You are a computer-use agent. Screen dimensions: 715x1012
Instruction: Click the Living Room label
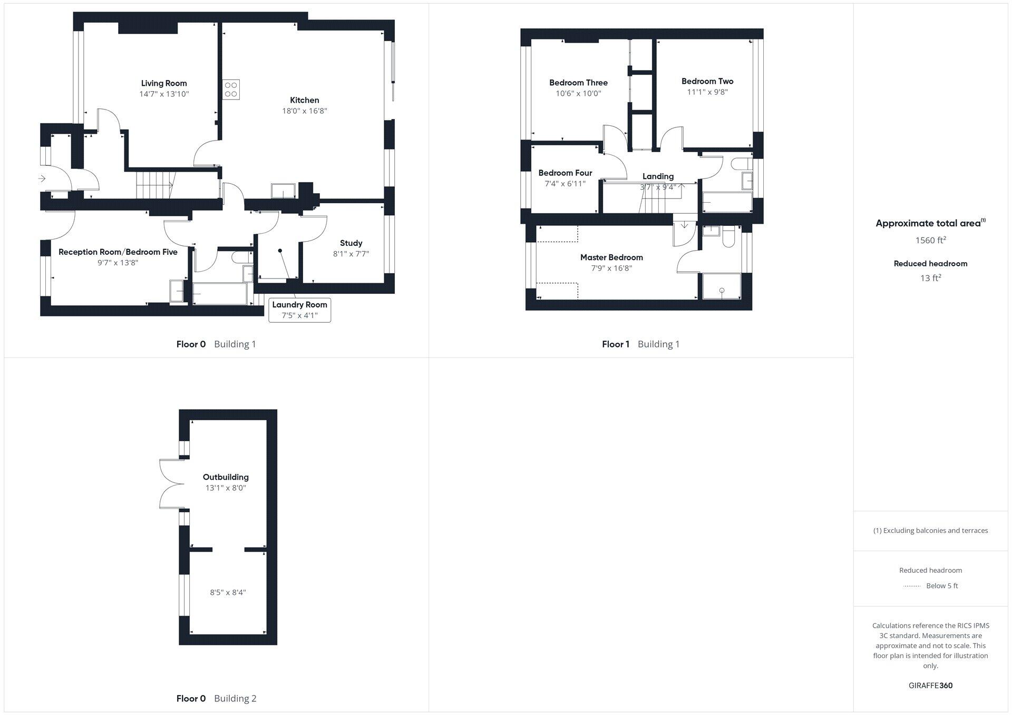(x=164, y=83)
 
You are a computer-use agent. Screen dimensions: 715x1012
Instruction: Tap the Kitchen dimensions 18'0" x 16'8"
(x=305, y=111)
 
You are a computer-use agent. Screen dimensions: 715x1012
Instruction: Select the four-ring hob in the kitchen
(x=231, y=89)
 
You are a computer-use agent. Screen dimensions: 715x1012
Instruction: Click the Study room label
(x=351, y=243)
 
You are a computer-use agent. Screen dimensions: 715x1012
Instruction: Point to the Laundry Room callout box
(x=300, y=310)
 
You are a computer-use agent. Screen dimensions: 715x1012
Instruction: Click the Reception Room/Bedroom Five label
(x=118, y=252)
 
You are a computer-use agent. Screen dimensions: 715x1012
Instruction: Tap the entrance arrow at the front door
(x=42, y=179)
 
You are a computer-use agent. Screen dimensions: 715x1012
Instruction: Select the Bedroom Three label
(x=578, y=83)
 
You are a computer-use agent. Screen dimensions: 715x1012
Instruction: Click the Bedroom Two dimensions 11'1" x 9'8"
(x=707, y=92)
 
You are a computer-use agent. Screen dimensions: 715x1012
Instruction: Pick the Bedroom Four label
(x=565, y=173)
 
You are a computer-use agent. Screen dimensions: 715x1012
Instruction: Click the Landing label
(x=658, y=176)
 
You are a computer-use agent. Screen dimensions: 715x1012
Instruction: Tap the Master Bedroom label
(x=611, y=257)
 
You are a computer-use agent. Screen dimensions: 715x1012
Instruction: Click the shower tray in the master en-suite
(x=722, y=286)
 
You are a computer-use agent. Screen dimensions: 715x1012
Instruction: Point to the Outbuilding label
(x=226, y=478)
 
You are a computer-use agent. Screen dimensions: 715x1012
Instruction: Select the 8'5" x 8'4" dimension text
(x=228, y=592)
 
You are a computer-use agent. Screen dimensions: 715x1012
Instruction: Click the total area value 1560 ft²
(x=930, y=241)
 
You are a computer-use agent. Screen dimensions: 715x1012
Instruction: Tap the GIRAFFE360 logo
(x=930, y=686)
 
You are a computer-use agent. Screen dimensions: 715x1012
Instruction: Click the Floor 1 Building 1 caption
(x=640, y=344)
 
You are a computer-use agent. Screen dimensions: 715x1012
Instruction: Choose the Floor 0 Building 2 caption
(x=216, y=699)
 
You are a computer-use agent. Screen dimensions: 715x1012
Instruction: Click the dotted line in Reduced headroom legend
(x=911, y=586)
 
